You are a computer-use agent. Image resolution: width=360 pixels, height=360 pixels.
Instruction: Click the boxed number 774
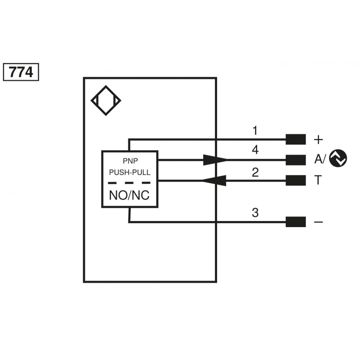[x=21, y=72]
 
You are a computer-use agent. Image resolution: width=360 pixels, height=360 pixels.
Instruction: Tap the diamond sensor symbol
[x=105, y=100]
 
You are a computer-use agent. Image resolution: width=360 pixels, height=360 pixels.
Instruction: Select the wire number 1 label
[x=255, y=131]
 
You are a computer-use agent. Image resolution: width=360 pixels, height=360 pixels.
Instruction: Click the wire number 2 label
[x=255, y=172]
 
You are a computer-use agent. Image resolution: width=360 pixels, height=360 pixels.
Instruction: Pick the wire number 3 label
[x=255, y=213]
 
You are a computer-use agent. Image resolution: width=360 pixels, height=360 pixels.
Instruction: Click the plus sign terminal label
[x=319, y=139]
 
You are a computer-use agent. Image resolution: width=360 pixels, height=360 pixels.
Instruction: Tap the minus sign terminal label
[x=319, y=222]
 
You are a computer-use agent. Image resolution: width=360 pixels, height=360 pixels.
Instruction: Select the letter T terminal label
[x=318, y=180]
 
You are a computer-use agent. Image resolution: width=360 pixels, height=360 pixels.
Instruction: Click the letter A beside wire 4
[x=318, y=159]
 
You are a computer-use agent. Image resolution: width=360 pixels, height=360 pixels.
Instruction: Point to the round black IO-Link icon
[x=338, y=159]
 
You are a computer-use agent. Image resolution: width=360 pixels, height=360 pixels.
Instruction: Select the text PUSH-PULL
[x=130, y=172]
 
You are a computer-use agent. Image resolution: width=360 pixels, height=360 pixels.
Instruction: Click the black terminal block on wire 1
[x=296, y=139]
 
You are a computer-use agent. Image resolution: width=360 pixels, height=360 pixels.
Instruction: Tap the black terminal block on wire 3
[x=296, y=222]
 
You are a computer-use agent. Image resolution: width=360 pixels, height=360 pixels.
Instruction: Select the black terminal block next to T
[x=296, y=181]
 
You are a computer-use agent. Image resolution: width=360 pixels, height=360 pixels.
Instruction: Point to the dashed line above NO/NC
[x=130, y=183]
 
